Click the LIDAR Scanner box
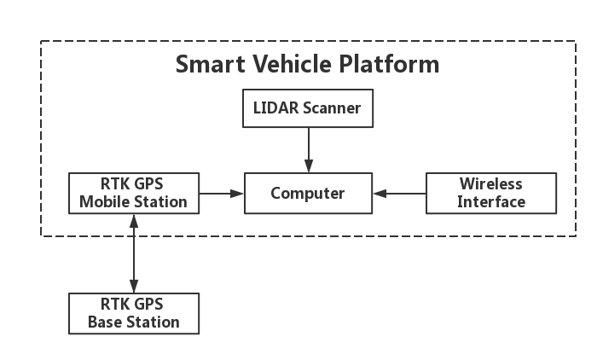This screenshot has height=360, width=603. [308, 109]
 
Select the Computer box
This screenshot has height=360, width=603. [308, 194]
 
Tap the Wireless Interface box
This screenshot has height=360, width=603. [490, 194]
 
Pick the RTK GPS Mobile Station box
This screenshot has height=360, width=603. [133, 194]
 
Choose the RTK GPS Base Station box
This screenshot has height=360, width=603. [133, 313]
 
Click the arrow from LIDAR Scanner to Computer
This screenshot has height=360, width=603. [308, 150]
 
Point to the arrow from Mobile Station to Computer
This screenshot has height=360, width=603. [222, 194]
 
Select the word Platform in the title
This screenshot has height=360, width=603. [395, 65]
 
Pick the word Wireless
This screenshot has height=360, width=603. [490, 184]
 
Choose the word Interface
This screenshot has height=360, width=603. [490, 202]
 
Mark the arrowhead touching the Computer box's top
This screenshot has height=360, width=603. [308, 166]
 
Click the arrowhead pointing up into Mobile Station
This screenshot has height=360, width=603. [133, 221]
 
